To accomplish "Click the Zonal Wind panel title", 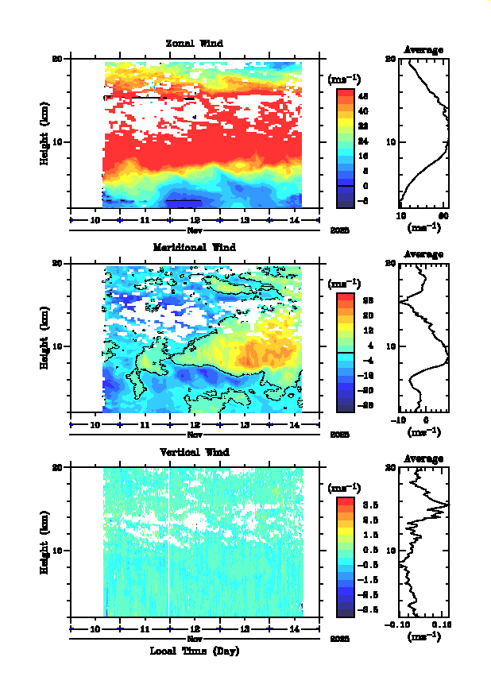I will [194, 43].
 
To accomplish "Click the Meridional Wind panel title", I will [194, 247].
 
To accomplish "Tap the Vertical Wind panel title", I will [194, 451].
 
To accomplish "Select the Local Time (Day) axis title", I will [194, 651].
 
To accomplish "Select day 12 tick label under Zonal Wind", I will [194, 220].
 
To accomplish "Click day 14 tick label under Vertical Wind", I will [293, 628].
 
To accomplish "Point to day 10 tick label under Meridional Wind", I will [95, 424].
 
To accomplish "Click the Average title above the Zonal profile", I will [423, 50].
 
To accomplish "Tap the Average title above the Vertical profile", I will [423, 458].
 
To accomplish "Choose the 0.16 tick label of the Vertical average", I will [443, 625].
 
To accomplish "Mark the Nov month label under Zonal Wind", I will [194, 230].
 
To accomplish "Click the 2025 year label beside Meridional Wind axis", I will [339, 435].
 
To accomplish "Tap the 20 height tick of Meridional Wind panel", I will [57, 263].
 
